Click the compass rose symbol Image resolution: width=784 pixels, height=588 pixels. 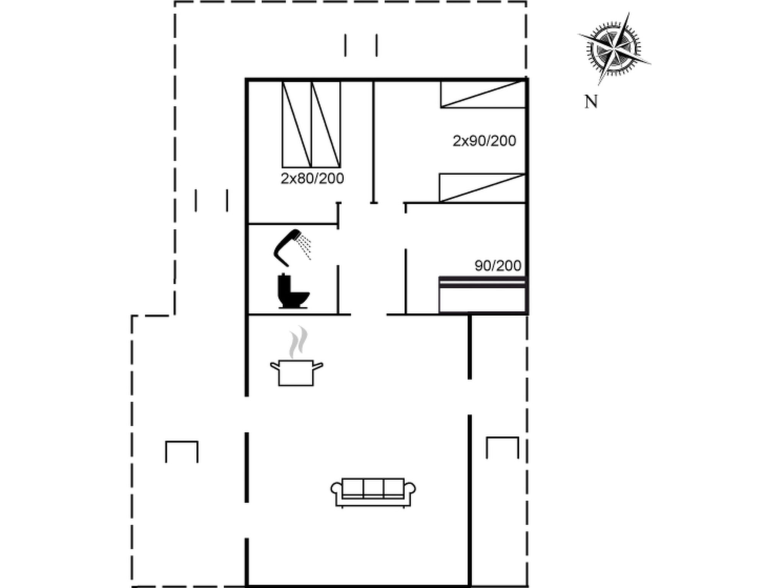(614, 49)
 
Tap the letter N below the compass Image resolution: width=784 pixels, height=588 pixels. (591, 102)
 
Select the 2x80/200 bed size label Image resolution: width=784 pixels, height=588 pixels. (312, 178)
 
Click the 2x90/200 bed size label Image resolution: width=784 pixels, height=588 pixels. (484, 141)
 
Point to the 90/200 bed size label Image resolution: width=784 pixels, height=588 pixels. (498, 265)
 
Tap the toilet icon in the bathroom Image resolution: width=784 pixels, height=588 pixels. (293, 291)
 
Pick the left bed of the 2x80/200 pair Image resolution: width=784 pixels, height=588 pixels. (297, 124)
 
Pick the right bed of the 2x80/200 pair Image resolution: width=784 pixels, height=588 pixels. (326, 124)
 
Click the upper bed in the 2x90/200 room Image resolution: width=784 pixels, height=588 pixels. (483, 94)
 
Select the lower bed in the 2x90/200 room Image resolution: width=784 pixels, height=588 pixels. (482, 188)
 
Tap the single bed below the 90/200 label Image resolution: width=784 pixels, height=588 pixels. (483, 295)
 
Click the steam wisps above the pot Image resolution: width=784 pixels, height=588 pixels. (298, 342)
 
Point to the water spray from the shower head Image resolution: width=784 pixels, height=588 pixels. (305, 247)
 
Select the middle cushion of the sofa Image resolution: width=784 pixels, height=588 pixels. (373, 488)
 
